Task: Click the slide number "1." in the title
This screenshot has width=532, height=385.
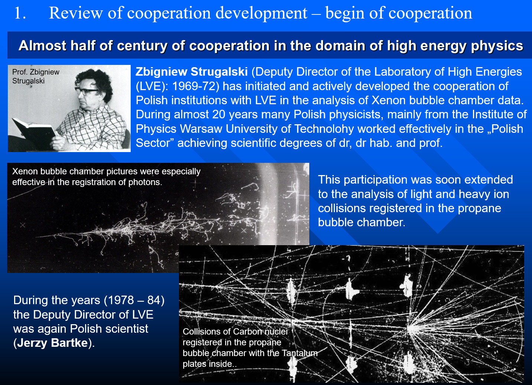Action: [x=20, y=13]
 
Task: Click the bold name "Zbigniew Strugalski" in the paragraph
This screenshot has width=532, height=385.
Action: [x=192, y=72]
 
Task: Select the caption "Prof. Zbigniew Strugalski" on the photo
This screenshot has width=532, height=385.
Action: [x=36, y=76]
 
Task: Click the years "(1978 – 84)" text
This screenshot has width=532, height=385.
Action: [x=134, y=300]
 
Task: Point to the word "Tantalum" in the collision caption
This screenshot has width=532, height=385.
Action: [x=300, y=353]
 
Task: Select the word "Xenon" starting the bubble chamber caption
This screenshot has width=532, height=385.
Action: [x=25, y=171]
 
